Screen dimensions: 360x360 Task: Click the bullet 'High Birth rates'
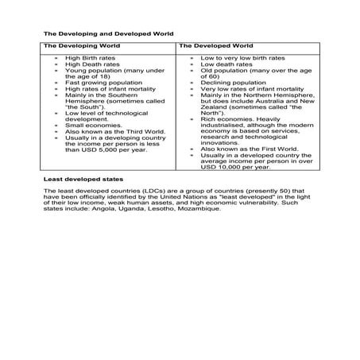pyautogui.click(x=87, y=58)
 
